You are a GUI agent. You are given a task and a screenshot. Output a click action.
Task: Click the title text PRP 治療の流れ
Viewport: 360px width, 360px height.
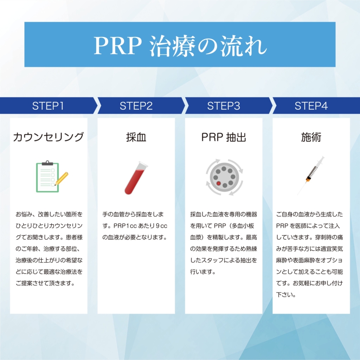[180, 45]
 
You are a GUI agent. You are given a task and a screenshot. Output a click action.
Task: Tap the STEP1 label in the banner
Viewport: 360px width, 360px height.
[48, 106]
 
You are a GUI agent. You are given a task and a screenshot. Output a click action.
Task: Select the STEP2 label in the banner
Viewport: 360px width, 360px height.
[136, 106]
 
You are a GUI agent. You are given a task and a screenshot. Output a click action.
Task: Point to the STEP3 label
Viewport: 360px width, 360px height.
[224, 106]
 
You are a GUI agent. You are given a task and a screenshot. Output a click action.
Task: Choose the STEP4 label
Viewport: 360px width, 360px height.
[311, 106]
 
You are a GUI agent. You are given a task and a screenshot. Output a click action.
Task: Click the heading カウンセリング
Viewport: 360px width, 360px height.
[49, 137]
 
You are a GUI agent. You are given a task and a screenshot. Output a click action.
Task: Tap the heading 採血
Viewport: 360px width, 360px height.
[136, 137]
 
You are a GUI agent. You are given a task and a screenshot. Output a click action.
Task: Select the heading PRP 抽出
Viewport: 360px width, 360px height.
[224, 137]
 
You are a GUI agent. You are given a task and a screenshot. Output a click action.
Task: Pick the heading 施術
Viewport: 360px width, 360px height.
[311, 137]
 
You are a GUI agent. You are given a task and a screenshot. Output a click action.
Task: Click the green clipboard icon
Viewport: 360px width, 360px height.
[47, 178]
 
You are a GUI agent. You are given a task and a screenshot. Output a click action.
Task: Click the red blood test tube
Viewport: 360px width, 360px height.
[136, 178]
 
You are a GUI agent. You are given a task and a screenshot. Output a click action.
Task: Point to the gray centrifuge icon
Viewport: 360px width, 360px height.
[224, 177]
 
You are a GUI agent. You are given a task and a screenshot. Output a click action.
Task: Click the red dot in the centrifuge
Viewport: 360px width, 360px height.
[218, 183]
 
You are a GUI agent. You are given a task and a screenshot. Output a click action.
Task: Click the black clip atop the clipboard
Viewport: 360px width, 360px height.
[47, 163]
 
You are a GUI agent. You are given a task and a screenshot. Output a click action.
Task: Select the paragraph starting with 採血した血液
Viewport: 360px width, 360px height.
[224, 243]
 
